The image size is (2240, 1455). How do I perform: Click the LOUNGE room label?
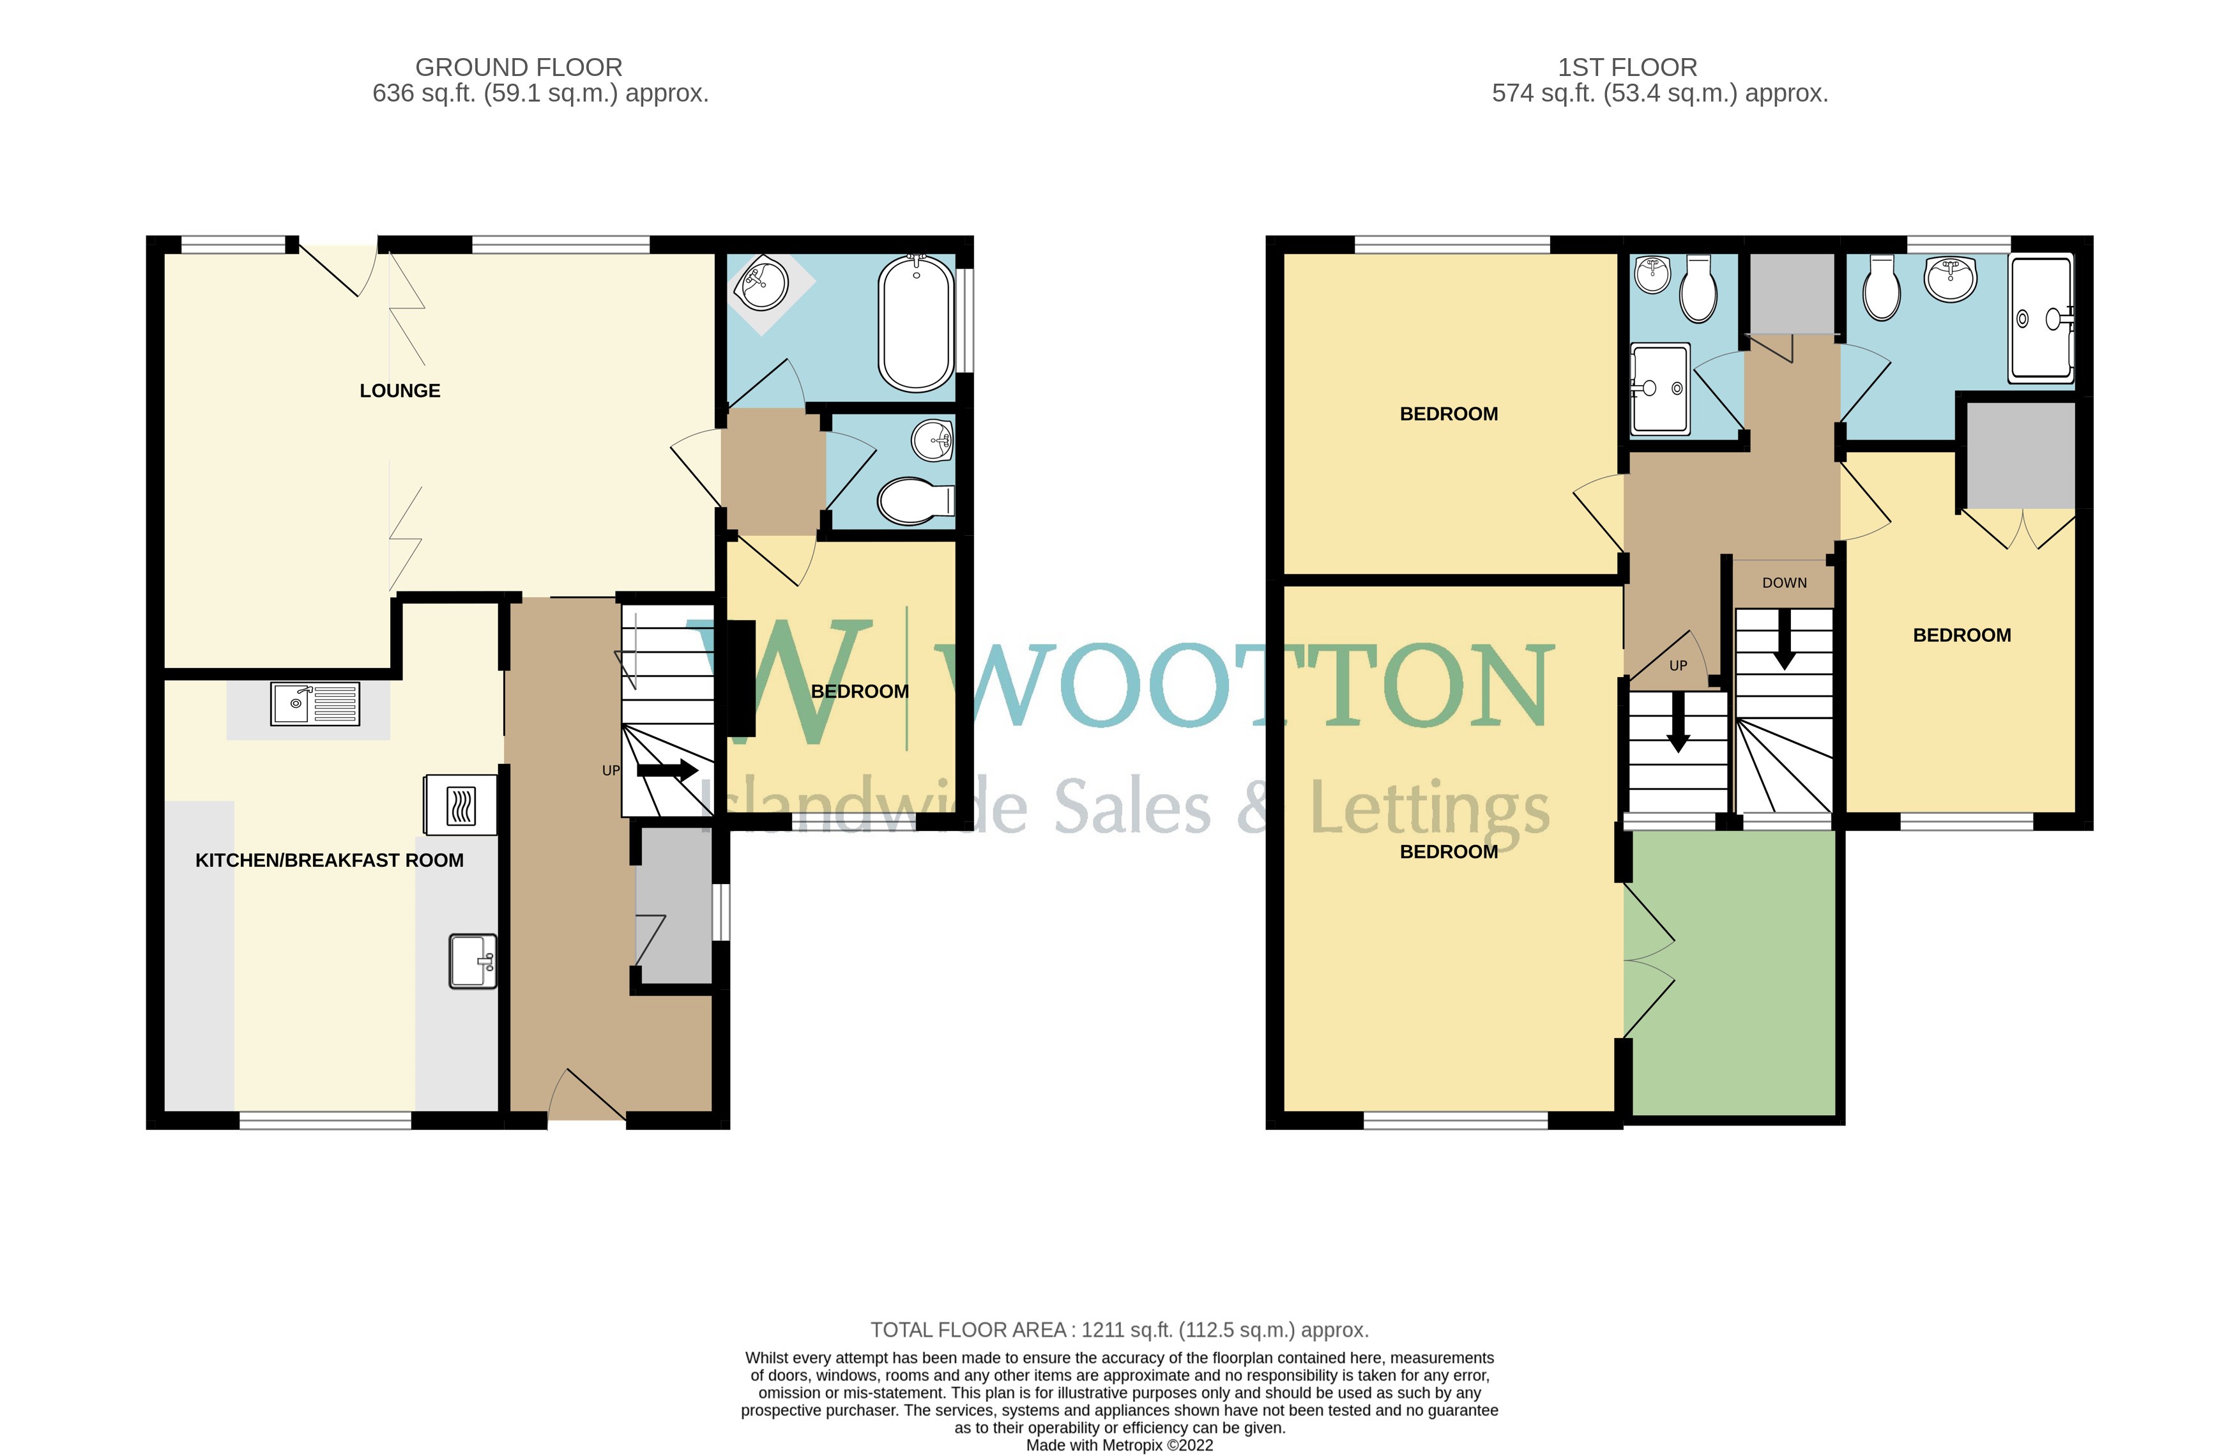click(399, 390)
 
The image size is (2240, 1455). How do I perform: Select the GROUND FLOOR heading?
click(519, 68)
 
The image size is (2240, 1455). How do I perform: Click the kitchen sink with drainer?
click(314, 704)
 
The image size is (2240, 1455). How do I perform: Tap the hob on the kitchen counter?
click(461, 805)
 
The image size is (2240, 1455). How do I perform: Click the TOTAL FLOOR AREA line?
click(1118, 1330)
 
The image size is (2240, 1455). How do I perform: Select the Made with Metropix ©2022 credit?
click(1118, 1445)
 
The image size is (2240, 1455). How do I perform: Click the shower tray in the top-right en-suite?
click(2041, 319)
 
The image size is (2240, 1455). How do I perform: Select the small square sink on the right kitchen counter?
click(473, 961)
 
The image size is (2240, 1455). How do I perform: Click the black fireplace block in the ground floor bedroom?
click(741, 678)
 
